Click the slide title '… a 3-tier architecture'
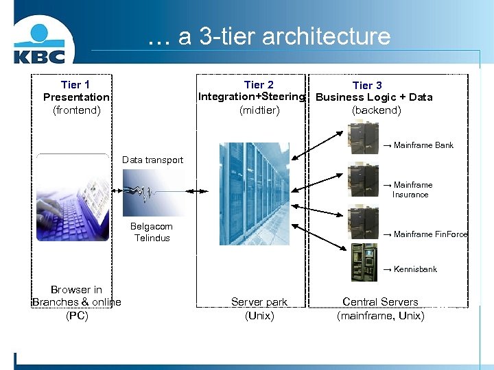[269, 36]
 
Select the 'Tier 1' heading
[75, 85]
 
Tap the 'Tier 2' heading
[259, 85]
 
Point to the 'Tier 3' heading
[367, 86]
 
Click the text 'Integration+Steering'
[251, 97]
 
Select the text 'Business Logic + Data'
[374, 97]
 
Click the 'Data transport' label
[152, 160]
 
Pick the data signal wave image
[154, 193]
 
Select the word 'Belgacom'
[152, 227]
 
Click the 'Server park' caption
[259, 302]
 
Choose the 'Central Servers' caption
[380, 302]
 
